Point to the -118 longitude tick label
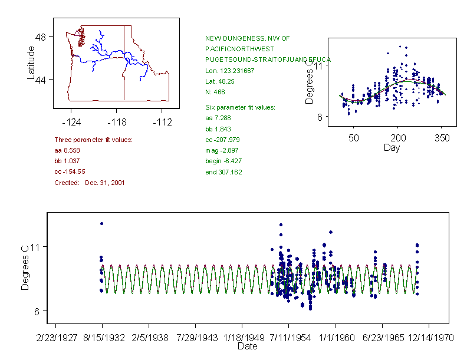(x=116, y=123)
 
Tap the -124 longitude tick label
(x=71, y=123)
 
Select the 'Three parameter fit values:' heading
(x=93, y=140)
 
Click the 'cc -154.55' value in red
(x=70, y=171)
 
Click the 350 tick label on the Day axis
(x=442, y=138)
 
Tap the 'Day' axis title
(x=392, y=147)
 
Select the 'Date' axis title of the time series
(x=247, y=346)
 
